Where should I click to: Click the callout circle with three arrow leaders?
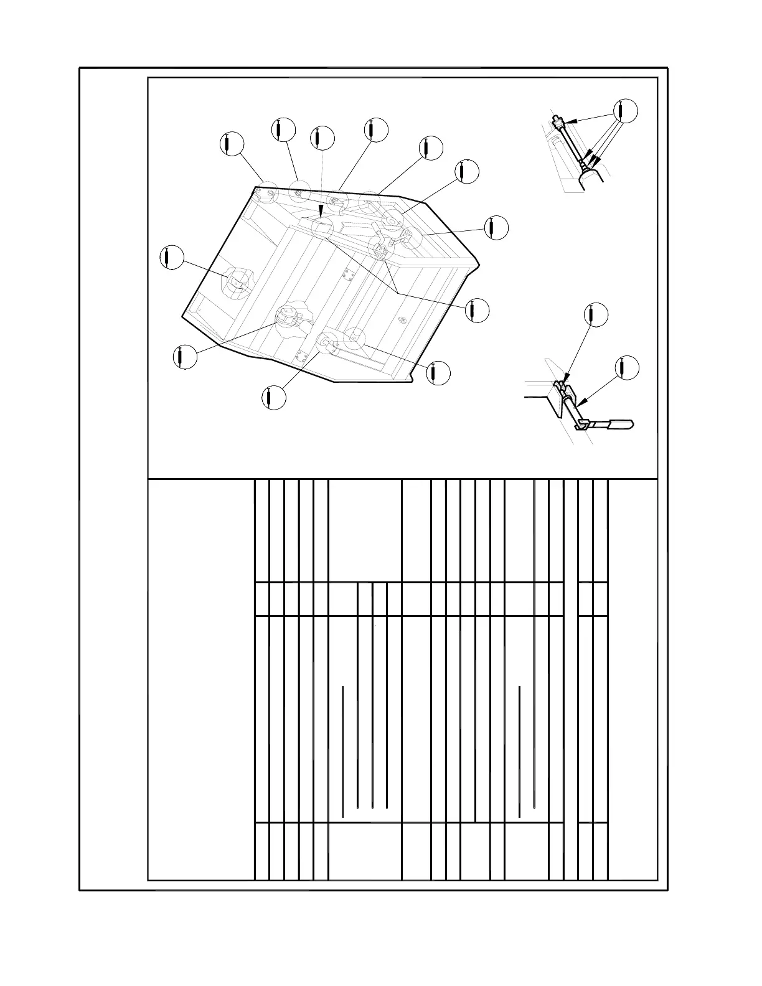click(x=626, y=110)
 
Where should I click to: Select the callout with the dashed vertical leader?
click(x=322, y=138)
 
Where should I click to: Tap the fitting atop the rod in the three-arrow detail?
click(x=557, y=120)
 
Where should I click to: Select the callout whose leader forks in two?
click(x=477, y=309)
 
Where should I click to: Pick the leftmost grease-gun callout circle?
click(x=171, y=258)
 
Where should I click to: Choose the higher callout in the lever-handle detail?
click(x=596, y=315)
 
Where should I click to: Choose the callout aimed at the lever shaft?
click(x=626, y=368)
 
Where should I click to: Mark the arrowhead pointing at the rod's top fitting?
click(x=571, y=121)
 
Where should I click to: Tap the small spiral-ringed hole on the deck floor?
click(x=402, y=321)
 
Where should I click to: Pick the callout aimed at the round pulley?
click(x=466, y=172)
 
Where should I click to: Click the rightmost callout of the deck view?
click(x=496, y=228)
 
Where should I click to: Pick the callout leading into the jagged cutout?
click(x=184, y=357)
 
